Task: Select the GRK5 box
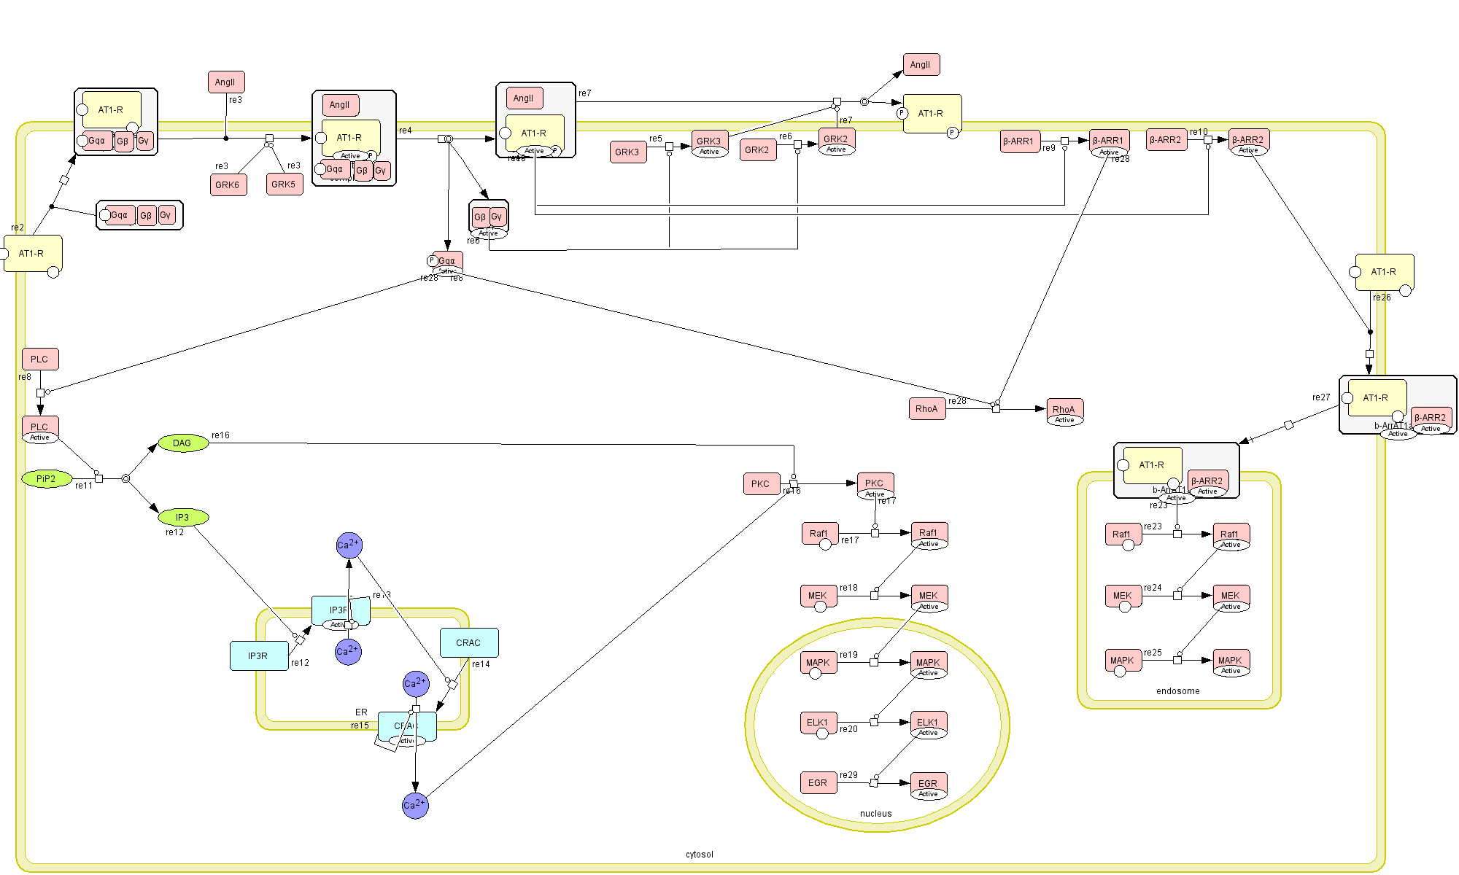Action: coord(284,184)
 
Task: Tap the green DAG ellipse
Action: coord(183,443)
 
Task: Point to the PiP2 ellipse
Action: coord(47,479)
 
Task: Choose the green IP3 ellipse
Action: coord(183,517)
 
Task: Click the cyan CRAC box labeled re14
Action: coord(469,642)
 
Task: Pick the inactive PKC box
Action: coord(761,483)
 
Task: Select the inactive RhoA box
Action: coord(927,408)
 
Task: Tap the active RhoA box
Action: coord(1064,410)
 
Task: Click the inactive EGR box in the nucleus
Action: coord(818,782)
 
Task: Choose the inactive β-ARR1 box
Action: coord(1019,141)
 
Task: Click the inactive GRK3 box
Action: coord(627,152)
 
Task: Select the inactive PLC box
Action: coord(40,359)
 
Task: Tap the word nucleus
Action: coord(875,813)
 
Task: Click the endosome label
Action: coord(1177,691)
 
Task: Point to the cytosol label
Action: coord(700,854)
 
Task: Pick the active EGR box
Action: coord(929,784)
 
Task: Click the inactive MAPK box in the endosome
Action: coord(1123,661)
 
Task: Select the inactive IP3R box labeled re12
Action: coord(258,656)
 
